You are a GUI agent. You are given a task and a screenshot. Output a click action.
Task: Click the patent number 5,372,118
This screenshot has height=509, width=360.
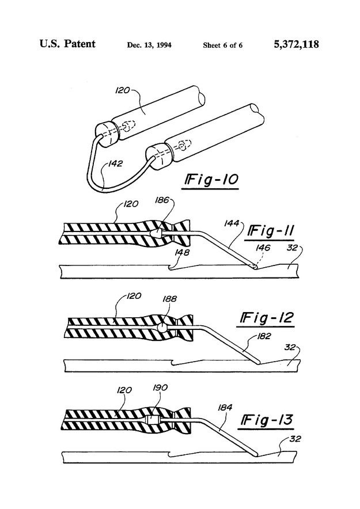(x=297, y=44)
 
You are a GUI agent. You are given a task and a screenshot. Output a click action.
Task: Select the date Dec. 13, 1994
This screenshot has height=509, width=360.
(x=149, y=45)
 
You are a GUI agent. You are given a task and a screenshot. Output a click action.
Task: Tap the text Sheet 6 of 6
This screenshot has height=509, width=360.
(x=223, y=45)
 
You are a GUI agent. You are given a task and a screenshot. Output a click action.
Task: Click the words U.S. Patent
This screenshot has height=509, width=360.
(x=67, y=44)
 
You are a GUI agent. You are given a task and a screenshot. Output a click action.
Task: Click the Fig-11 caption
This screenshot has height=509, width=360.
(x=271, y=231)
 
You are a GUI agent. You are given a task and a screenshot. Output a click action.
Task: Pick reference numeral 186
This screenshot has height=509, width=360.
(x=162, y=200)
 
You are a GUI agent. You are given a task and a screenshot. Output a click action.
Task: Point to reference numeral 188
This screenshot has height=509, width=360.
(x=169, y=298)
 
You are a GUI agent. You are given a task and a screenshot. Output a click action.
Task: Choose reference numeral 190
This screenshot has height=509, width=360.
(x=160, y=388)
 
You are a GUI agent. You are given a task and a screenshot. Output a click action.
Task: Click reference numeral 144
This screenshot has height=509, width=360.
(x=232, y=223)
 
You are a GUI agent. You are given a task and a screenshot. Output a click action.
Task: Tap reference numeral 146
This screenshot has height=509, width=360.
(x=263, y=248)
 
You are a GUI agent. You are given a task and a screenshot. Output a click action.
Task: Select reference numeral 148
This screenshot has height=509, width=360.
(x=182, y=252)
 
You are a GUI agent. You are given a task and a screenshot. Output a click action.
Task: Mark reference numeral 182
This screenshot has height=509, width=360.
(x=264, y=336)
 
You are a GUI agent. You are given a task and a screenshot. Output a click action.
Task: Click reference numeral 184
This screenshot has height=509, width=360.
(x=225, y=407)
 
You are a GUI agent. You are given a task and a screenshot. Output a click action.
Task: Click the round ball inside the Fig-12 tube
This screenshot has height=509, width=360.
(x=162, y=328)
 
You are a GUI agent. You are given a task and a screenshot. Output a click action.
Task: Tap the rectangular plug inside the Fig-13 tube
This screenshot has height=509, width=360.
(x=152, y=420)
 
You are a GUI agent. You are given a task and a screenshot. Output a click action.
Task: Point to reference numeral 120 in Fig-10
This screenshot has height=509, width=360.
(x=123, y=90)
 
